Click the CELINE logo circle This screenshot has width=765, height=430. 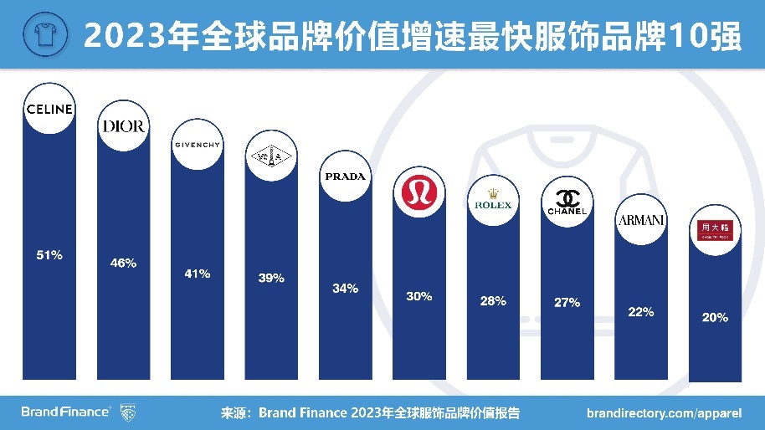click(50, 109)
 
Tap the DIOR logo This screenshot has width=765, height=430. click(123, 126)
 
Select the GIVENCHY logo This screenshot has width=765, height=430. click(197, 145)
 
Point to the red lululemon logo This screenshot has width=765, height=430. click(418, 192)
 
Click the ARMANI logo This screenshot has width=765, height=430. click(640, 220)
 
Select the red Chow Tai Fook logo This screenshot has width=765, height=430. click(714, 228)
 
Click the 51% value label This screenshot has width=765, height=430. click(49, 255)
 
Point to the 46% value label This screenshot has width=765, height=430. click(123, 264)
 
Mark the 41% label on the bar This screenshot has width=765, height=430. click(198, 274)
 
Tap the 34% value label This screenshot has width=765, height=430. click(345, 289)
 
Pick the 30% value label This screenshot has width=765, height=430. click(418, 296)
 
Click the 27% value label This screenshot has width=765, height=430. click(567, 302)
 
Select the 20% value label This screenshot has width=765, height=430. click(715, 317)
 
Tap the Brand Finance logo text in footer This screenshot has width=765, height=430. click(65, 412)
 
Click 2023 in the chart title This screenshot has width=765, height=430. click(117, 36)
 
